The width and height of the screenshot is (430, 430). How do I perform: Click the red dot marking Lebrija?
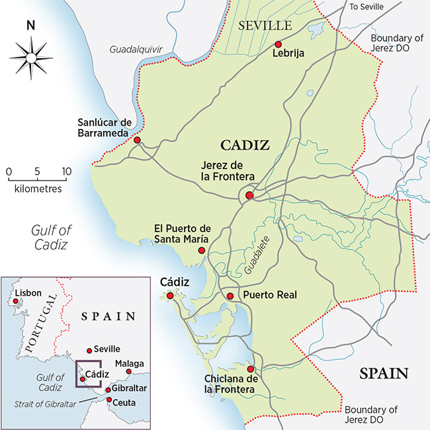tap(279, 44)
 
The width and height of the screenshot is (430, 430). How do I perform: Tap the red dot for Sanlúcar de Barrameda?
tap(137, 140)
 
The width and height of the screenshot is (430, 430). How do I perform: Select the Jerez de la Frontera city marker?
tap(249, 195)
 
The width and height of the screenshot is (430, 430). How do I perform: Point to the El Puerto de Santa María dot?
tap(201, 250)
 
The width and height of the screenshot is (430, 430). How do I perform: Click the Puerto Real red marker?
tap(230, 296)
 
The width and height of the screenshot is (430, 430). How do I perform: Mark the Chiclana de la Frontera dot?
tap(250, 369)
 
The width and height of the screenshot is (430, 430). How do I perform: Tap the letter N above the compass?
tap(30, 26)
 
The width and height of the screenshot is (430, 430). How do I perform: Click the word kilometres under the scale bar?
tap(38, 189)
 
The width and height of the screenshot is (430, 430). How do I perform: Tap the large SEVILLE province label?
tap(265, 25)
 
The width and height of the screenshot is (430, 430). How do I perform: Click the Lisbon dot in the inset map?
tap(15, 301)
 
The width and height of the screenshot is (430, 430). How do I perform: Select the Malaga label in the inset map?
tap(128, 363)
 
